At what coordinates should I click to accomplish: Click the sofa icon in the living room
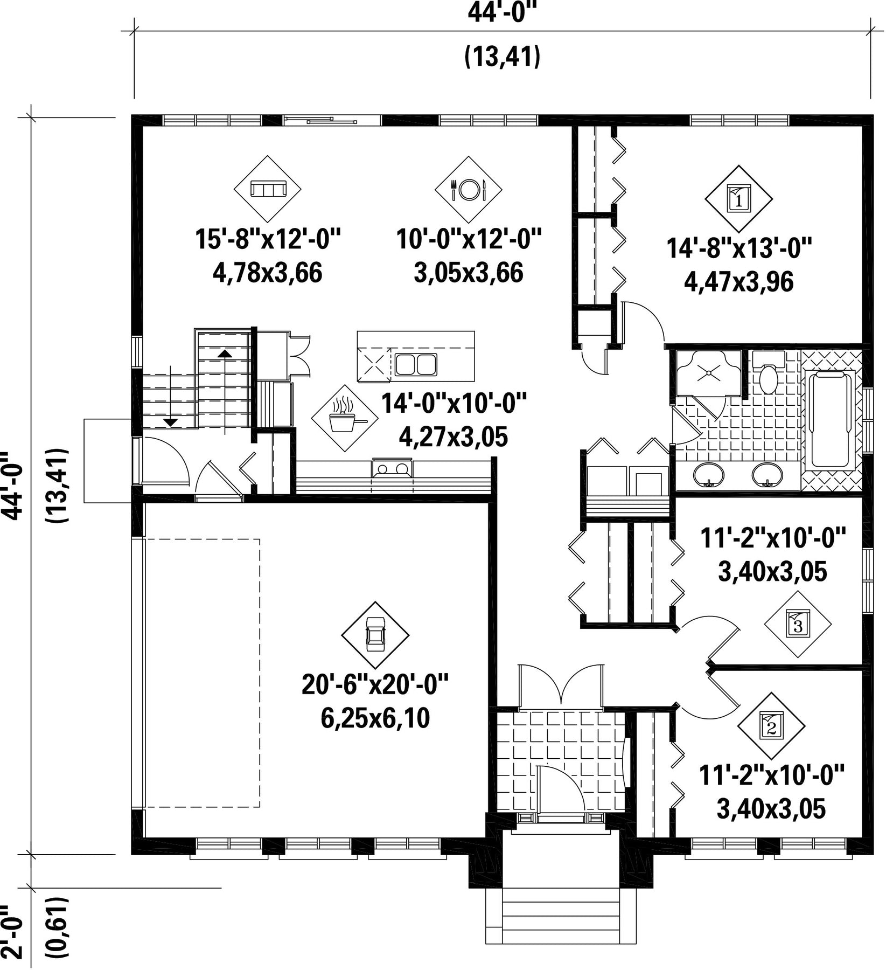[x=267, y=189]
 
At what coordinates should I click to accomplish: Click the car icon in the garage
[x=375, y=635]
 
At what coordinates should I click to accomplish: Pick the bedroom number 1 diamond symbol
[x=739, y=199]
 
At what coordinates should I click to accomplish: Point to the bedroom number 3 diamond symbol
[x=798, y=624]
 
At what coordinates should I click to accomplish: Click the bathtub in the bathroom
[x=831, y=419]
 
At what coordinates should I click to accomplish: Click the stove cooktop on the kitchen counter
[x=393, y=467]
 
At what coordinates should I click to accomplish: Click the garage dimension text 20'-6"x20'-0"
[x=375, y=685]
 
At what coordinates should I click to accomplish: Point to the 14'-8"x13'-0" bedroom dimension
[x=739, y=249]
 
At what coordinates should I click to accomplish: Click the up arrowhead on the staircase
[x=225, y=354]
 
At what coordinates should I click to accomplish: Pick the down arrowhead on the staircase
[x=170, y=422]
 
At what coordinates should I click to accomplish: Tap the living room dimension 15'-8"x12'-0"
[x=268, y=239]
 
